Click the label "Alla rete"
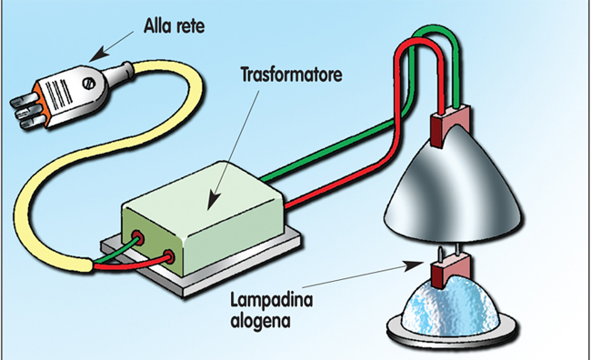(175, 26)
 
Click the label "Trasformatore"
(291, 75)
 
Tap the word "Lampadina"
(271, 300)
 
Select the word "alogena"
(260, 321)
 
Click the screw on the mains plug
(89, 84)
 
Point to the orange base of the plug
(43, 106)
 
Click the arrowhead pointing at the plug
(96, 55)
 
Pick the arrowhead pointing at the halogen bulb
(414, 265)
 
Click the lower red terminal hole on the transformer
(168, 256)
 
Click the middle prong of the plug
(26, 112)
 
